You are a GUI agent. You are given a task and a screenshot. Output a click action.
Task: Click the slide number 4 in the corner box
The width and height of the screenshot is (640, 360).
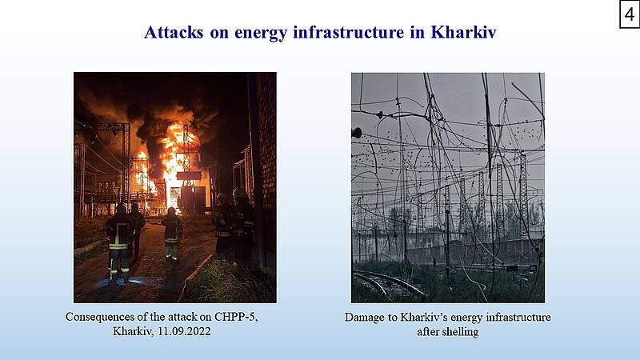[x=630, y=14]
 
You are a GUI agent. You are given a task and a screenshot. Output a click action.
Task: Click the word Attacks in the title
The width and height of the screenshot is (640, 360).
[x=174, y=32]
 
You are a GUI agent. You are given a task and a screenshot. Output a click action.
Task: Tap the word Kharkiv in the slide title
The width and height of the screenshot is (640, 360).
[x=463, y=32]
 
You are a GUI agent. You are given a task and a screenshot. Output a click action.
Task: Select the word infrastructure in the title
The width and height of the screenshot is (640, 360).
[x=349, y=32]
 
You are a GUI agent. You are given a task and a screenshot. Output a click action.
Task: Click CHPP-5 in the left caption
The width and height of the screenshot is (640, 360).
[x=236, y=317]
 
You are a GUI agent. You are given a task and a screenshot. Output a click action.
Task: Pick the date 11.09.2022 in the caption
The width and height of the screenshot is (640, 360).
[x=184, y=331]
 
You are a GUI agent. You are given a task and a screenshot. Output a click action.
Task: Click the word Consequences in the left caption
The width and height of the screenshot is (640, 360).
[x=94, y=317]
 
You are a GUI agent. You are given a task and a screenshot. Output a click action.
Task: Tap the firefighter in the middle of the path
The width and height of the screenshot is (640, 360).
[x=172, y=234]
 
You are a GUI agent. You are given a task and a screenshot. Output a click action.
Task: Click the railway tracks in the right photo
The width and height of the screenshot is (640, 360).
[x=388, y=284]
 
